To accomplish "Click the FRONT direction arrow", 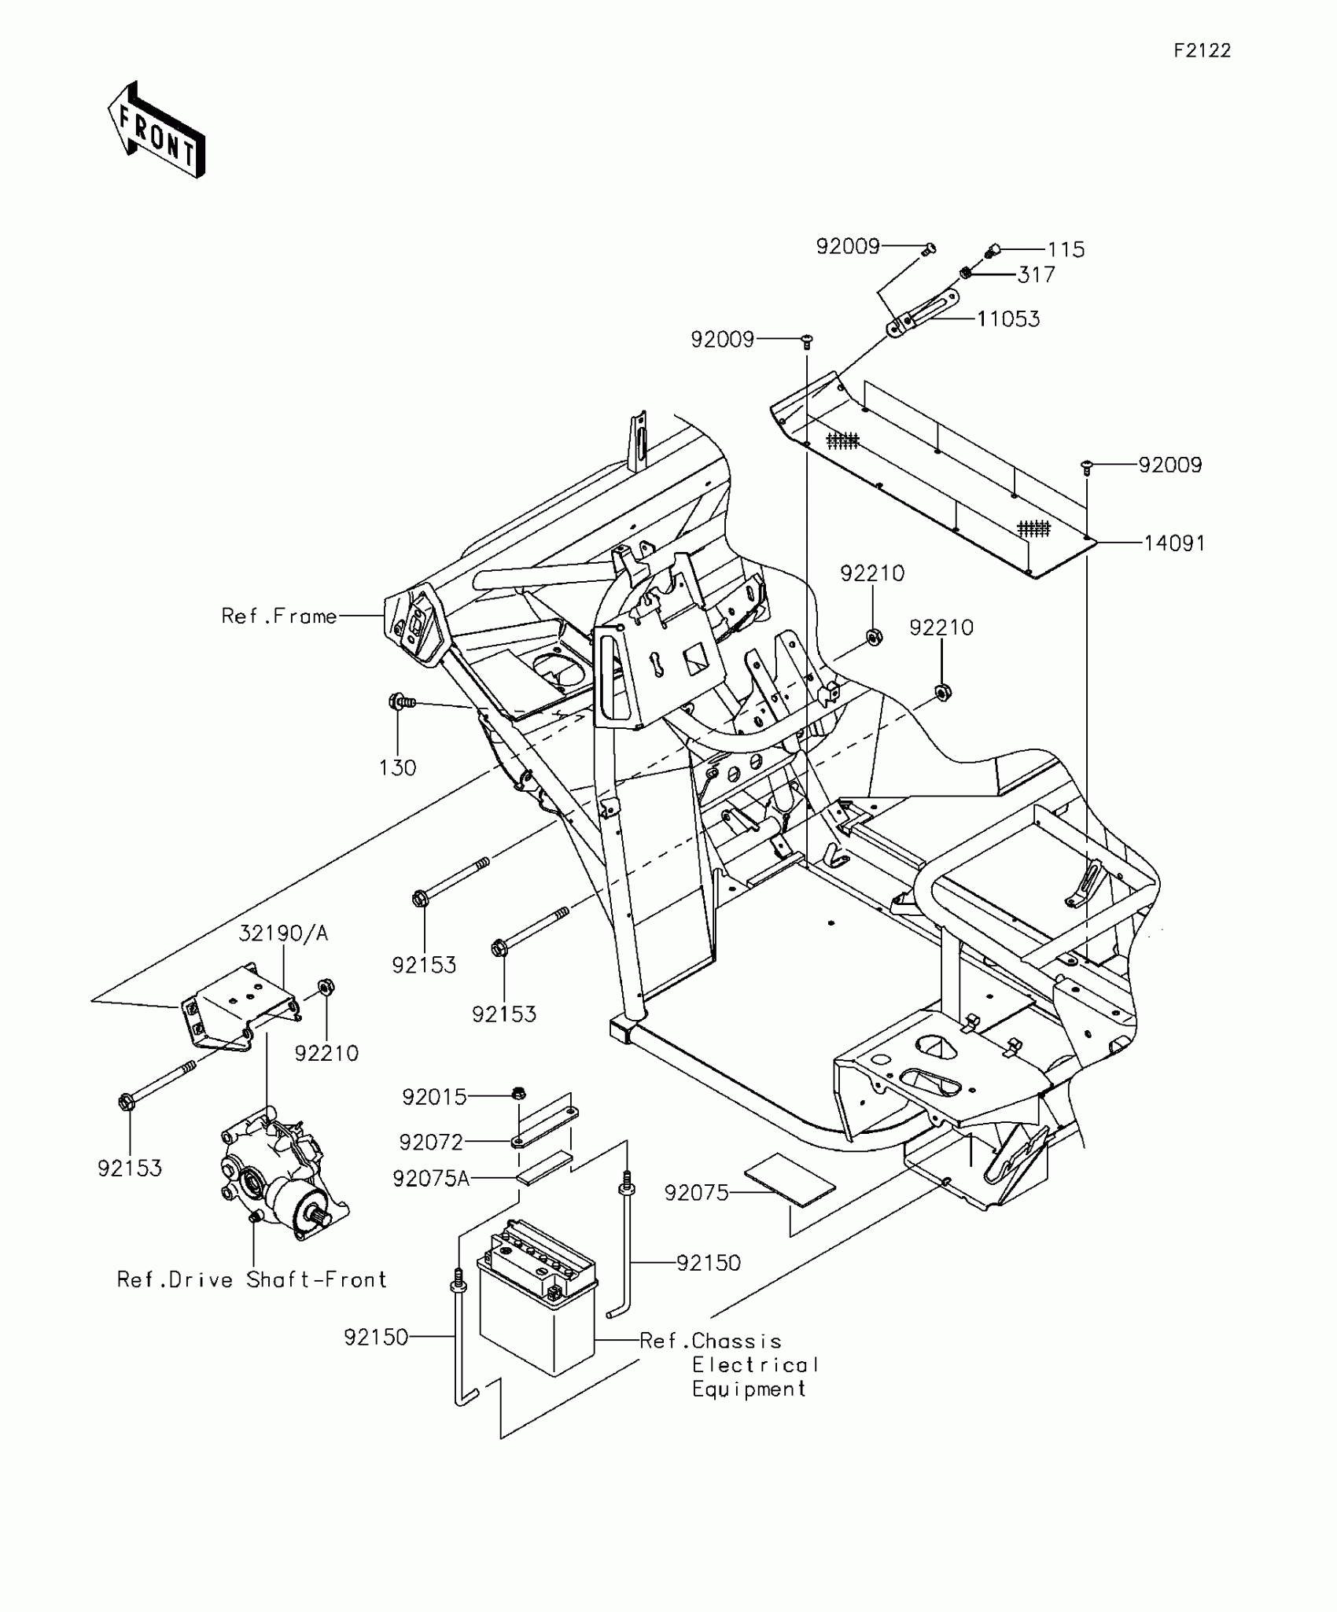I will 157,131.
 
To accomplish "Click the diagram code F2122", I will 1203,51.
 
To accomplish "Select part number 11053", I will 1008,319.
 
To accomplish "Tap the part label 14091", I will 1174,543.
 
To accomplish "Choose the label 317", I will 1036,275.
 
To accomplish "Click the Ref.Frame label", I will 278,616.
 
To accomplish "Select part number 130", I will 397,767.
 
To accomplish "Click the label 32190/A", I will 283,933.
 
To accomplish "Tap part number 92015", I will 434,1097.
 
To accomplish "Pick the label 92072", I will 431,1142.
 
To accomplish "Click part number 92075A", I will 431,1179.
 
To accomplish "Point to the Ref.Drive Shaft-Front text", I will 252,1280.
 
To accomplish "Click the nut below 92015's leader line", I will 518,1092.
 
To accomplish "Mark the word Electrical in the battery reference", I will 755,1365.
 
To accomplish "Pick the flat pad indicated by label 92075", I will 788,1180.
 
